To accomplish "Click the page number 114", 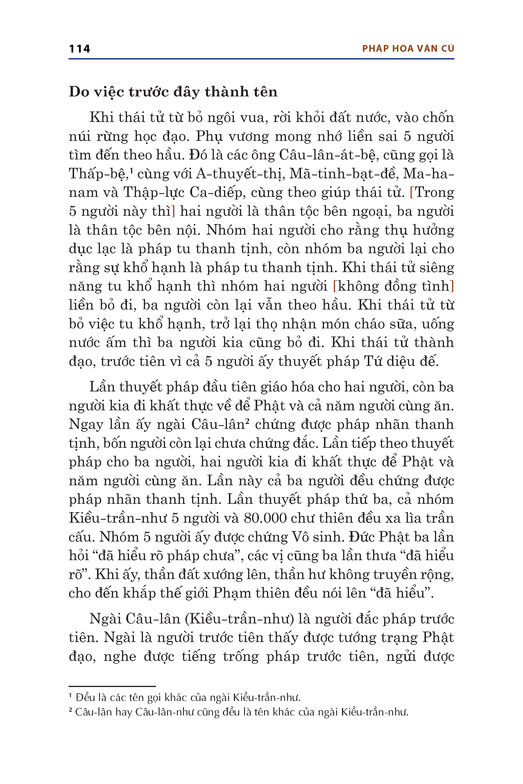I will pyautogui.click(x=79, y=49).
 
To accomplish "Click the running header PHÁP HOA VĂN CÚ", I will pyautogui.click(x=408, y=49).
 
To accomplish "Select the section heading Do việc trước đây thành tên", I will pyautogui.click(x=173, y=92).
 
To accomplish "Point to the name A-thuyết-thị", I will pyautogui.click(x=239, y=174).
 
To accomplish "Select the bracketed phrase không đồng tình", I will pyautogui.click(x=394, y=286).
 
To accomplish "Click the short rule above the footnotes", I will pyautogui.click(x=112, y=686).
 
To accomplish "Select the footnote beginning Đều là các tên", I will pyautogui.click(x=185, y=697).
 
